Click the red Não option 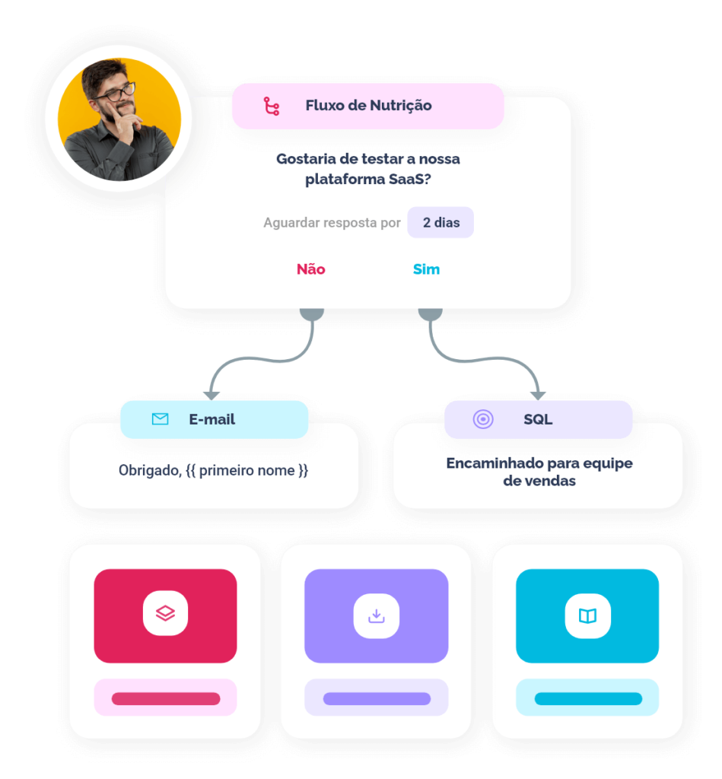click(x=310, y=269)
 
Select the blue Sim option click(x=426, y=269)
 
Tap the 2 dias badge click(x=441, y=222)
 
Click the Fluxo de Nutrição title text click(x=368, y=105)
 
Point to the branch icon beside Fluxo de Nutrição click(x=272, y=106)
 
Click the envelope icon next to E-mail click(x=160, y=419)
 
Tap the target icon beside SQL click(x=483, y=419)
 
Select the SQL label click(x=538, y=419)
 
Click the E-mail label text click(x=212, y=419)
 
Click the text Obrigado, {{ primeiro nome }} click(x=213, y=470)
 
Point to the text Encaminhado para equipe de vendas click(x=539, y=472)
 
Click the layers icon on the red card click(x=165, y=613)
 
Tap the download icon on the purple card click(x=376, y=616)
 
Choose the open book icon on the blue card click(x=588, y=616)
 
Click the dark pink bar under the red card click(x=166, y=698)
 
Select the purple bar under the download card click(x=377, y=698)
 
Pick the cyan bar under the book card click(x=588, y=698)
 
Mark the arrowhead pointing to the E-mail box click(x=212, y=396)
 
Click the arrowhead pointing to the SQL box click(x=538, y=396)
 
